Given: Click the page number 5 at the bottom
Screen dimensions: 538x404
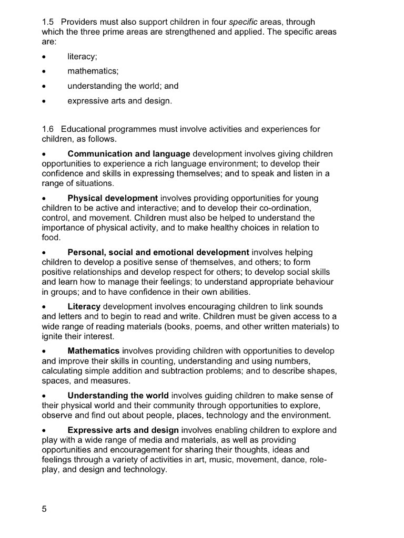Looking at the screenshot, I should [44, 509].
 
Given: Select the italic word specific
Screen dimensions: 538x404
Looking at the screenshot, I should [243, 22].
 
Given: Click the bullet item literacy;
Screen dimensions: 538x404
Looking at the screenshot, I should [82, 57].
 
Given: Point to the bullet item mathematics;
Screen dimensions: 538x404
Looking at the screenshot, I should [93, 71].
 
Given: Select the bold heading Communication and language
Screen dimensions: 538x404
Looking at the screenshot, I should [129, 154].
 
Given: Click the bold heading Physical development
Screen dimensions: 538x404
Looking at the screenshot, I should [113, 199].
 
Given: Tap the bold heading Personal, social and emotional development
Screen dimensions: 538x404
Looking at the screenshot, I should [158, 253].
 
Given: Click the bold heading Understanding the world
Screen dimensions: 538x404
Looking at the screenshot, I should [118, 396].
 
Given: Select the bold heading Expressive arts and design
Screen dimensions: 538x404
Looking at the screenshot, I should [123, 430].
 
